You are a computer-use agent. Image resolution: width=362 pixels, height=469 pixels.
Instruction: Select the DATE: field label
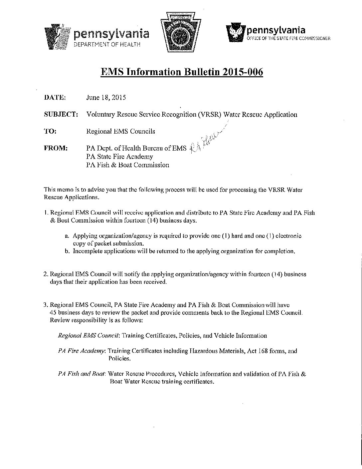pos(55,98)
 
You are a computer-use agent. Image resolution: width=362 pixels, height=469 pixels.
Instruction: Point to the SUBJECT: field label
pos(61,114)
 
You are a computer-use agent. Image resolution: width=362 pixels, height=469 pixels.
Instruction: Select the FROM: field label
pos(56,148)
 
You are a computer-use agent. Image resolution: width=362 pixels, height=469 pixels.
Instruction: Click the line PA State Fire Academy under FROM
pos(119,157)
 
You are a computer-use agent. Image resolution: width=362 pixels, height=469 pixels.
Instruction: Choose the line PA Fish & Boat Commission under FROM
pos(127,165)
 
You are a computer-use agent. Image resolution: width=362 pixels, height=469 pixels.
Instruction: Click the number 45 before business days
pos(53,313)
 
